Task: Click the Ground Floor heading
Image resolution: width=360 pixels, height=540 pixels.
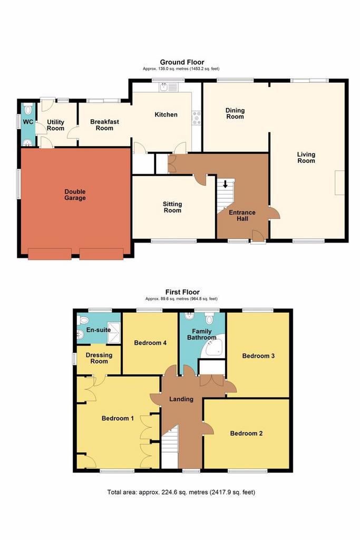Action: click(182, 62)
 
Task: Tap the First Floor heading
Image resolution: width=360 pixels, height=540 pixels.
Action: click(182, 292)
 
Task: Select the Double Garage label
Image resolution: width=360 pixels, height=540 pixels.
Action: click(75, 195)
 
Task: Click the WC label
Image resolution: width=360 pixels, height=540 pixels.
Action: click(28, 122)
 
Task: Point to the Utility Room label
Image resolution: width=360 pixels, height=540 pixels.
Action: click(55, 125)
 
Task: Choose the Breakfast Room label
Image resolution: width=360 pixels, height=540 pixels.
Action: click(105, 124)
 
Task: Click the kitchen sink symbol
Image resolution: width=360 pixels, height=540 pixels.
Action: click(168, 87)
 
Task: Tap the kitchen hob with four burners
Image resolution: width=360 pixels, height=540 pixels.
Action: click(197, 118)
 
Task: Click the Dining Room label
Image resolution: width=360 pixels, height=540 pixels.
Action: click(235, 113)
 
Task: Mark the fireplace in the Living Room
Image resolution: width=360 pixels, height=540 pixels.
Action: click(339, 182)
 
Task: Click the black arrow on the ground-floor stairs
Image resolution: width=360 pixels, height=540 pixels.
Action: click(225, 184)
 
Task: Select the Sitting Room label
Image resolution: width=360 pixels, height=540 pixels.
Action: click(172, 207)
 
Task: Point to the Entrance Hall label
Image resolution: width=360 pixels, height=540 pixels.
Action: click(242, 215)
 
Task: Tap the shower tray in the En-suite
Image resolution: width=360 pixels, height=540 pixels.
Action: click(114, 332)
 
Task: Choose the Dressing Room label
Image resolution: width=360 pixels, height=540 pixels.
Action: click(99, 358)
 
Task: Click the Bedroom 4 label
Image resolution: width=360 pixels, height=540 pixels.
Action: click(150, 343)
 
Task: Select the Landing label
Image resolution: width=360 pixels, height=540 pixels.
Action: click(181, 399)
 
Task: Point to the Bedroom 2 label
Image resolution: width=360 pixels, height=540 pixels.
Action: click(247, 433)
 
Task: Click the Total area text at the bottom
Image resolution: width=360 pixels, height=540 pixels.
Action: click(181, 492)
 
